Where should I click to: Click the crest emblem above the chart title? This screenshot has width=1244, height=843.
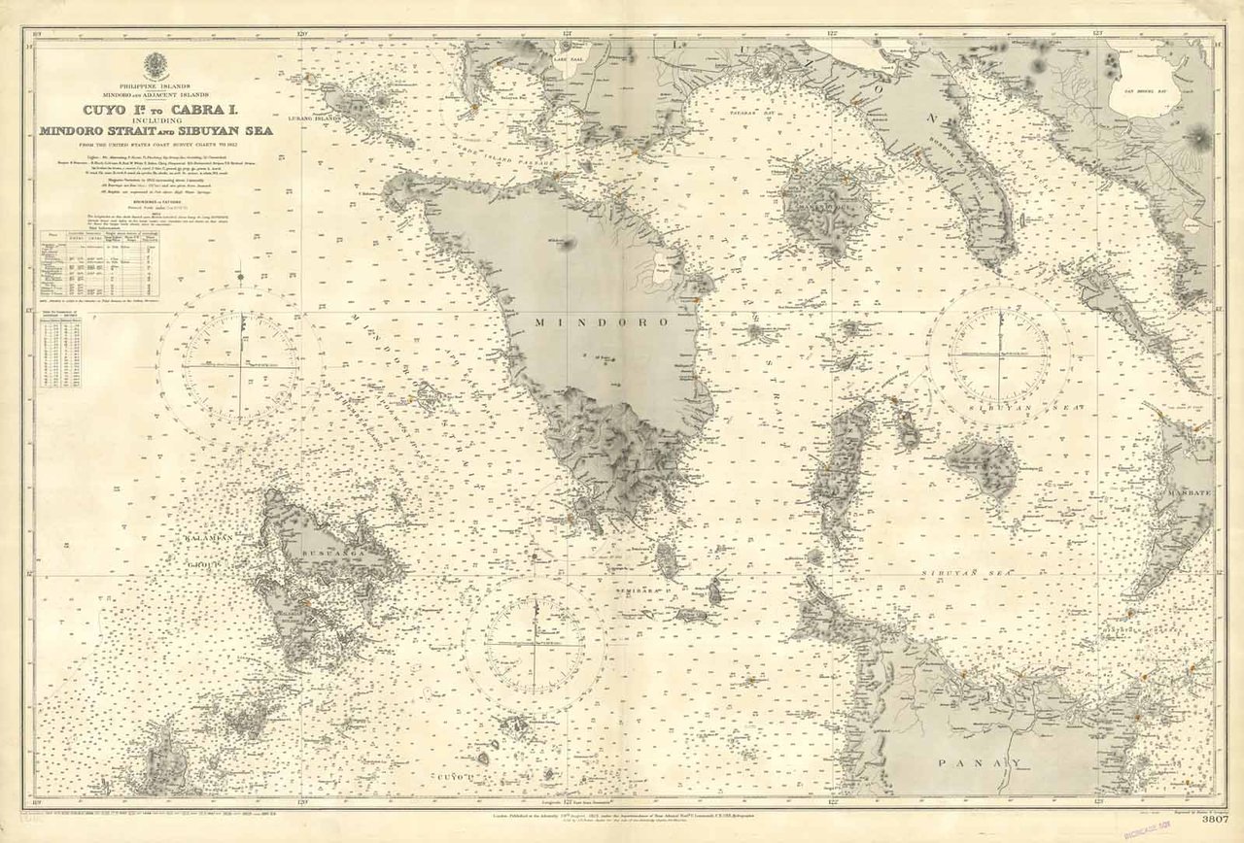point(155,67)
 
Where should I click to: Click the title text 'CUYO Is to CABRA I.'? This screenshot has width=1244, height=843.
point(155,111)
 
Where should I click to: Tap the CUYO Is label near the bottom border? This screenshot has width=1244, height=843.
point(454,779)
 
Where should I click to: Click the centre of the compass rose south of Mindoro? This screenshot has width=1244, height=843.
point(535,644)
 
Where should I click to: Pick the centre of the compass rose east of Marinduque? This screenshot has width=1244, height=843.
point(999,354)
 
